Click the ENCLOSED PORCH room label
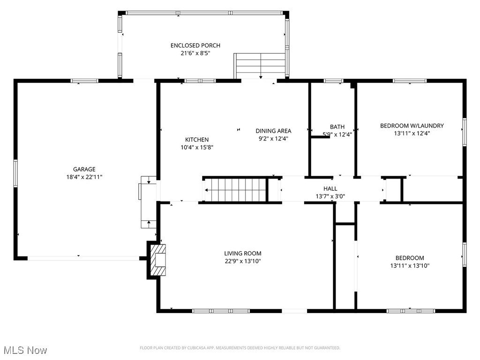tap(195, 45)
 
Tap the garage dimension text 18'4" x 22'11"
tap(84, 177)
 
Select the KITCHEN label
tap(197, 140)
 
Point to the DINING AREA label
tap(273, 131)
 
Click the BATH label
tap(337, 127)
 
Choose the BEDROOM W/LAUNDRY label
tap(412, 126)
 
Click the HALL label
tap(330, 188)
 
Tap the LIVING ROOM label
tap(242, 254)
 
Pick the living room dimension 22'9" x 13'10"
tap(242, 261)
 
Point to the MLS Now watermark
tap(25, 350)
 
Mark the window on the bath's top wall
tap(333, 81)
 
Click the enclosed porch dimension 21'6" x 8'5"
tap(195, 53)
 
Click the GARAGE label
tap(84, 169)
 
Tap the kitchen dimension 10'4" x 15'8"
tap(197, 147)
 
